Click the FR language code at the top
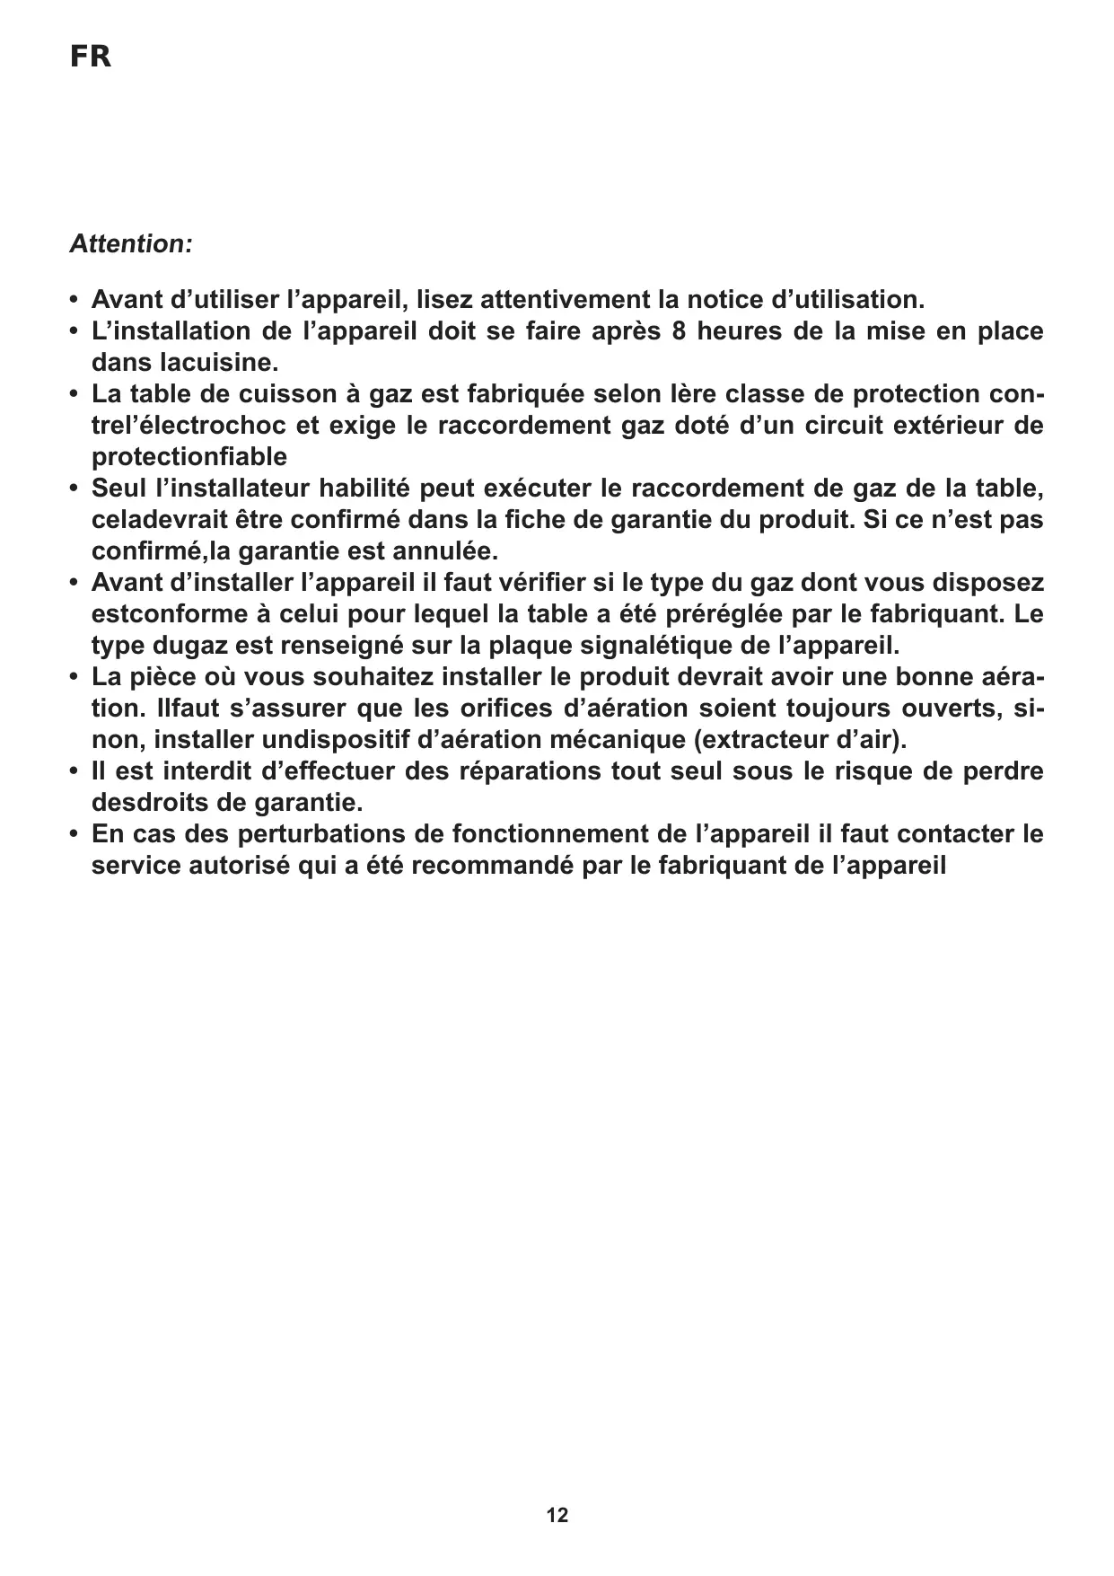click(91, 57)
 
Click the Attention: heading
click(131, 244)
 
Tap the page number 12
click(557, 1516)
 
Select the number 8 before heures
click(679, 331)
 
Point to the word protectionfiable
click(189, 457)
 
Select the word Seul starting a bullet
click(119, 489)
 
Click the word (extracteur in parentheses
click(767, 740)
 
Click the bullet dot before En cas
click(74, 834)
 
